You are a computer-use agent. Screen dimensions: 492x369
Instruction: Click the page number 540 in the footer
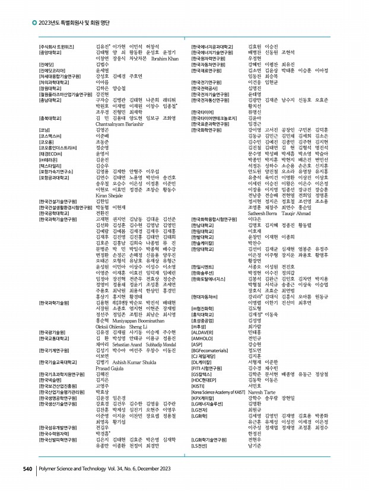pos(27,469)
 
